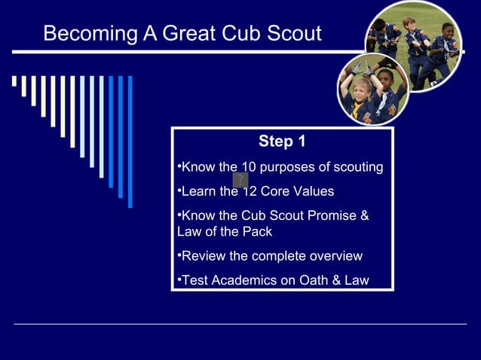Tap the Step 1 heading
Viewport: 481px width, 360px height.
tap(282, 142)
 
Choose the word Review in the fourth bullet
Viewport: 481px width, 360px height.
tap(204, 256)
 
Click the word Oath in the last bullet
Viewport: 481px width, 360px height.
tap(310, 281)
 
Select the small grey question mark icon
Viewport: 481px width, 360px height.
tap(240, 180)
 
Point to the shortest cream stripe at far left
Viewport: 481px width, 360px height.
tap(14, 81)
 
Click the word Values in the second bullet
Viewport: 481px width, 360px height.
tap(314, 191)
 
